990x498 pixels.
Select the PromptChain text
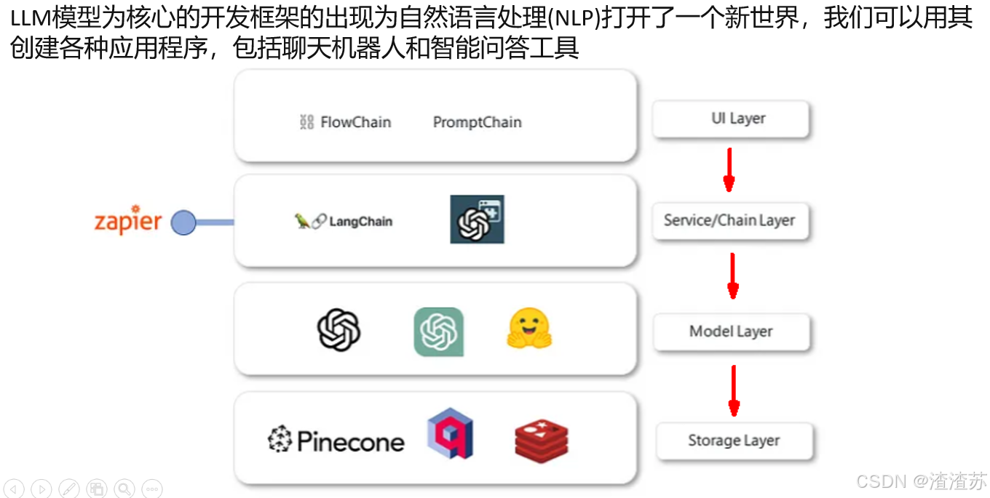(477, 122)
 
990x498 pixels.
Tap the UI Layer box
(731, 119)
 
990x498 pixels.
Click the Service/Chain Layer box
(729, 221)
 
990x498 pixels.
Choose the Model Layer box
(731, 332)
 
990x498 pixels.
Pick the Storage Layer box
(734, 441)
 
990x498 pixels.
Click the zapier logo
(127, 222)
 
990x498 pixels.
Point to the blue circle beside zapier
(183, 222)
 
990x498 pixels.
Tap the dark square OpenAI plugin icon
(477, 220)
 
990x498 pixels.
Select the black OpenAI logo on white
(338, 331)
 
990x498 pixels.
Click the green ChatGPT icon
(438, 332)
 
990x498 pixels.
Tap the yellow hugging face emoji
(529, 329)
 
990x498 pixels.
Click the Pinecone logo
(336, 441)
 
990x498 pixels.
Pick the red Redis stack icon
(541, 440)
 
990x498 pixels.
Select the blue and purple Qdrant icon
(451, 434)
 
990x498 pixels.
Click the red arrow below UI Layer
(729, 170)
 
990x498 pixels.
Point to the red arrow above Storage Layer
(734, 390)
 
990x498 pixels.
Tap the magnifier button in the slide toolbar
(124, 489)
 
